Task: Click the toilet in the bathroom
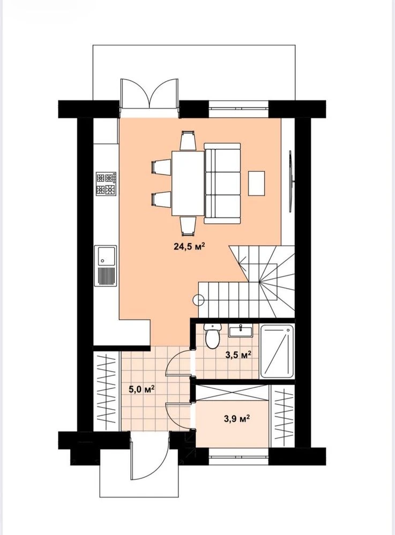click(212, 336)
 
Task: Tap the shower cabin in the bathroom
click(277, 351)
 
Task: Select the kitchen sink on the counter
click(106, 266)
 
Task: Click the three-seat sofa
click(222, 183)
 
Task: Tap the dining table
click(188, 183)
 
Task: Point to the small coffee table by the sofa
click(256, 183)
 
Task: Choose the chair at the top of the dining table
click(188, 141)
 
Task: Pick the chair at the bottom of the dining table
click(188, 225)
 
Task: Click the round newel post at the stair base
click(198, 299)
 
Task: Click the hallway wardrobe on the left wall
click(106, 391)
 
